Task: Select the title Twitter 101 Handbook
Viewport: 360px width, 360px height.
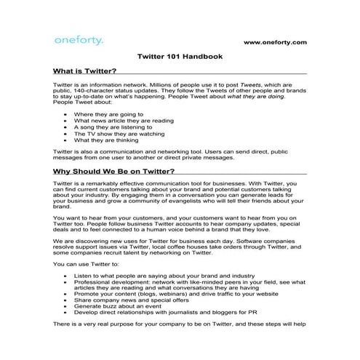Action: [x=180, y=57]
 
